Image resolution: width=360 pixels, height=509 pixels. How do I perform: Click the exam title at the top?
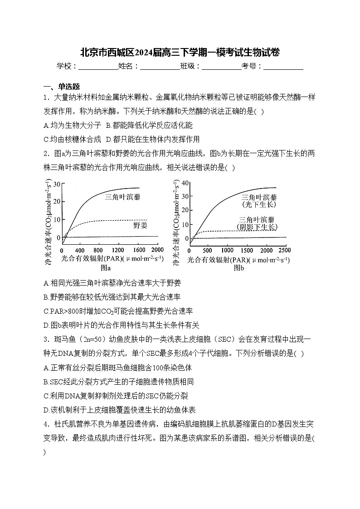(x=180, y=52)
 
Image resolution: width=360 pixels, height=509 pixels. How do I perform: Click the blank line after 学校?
(x=98, y=67)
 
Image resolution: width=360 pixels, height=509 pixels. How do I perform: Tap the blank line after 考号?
(x=283, y=67)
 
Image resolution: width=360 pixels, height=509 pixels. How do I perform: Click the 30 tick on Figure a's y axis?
(x=57, y=184)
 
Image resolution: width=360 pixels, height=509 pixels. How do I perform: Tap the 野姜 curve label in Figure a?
(x=140, y=225)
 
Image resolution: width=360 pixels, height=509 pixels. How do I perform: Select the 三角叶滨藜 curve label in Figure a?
(x=123, y=197)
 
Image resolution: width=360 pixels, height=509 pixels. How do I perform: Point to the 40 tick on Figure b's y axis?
(x=185, y=183)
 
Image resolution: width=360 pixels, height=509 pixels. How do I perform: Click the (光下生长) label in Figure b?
(x=259, y=204)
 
